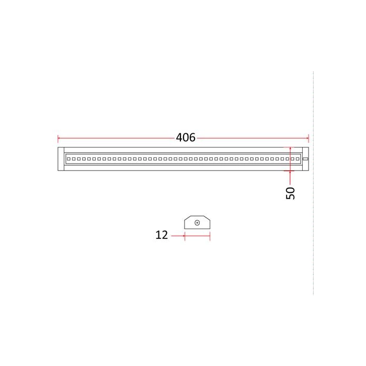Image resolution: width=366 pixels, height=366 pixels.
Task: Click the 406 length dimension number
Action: tap(186, 138)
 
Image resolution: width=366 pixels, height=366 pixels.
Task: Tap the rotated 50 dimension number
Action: tap(290, 193)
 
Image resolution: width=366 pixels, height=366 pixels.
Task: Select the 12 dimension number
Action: tap(162, 235)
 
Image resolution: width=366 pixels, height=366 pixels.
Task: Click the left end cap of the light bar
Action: tap(61, 159)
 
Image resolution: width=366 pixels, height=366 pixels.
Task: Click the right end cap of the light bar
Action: tap(305, 159)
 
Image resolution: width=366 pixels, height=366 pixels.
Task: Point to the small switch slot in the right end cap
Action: tap(305, 159)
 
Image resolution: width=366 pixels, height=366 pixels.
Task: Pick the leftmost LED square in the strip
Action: tap(68, 159)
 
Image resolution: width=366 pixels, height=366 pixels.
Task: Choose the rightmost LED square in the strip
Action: tap(298, 159)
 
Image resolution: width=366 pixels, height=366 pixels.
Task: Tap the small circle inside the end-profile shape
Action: tap(197, 223)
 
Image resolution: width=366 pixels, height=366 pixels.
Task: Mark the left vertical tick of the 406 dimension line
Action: tap(58, 138)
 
